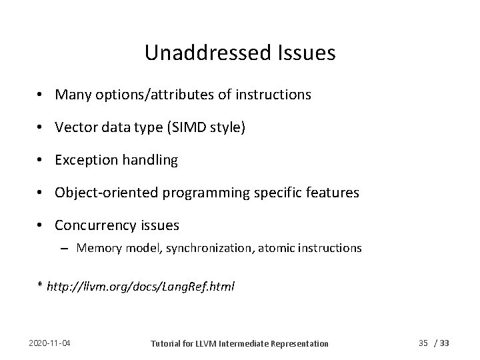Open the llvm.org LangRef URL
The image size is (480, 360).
coord(140,286)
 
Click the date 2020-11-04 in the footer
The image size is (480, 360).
coord(51,343)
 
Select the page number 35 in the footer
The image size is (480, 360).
coord(423,343)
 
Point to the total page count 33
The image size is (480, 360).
coord(445,343)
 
